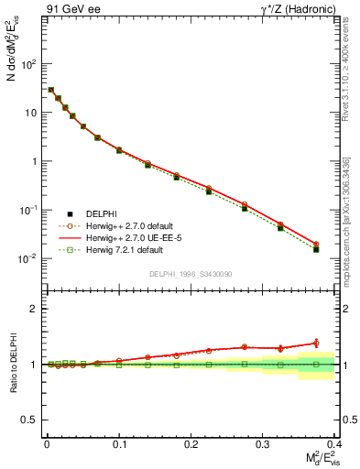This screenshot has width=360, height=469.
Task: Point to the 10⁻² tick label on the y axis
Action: tap(28, 259)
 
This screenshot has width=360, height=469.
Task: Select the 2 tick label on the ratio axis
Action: tap(37, 309)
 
